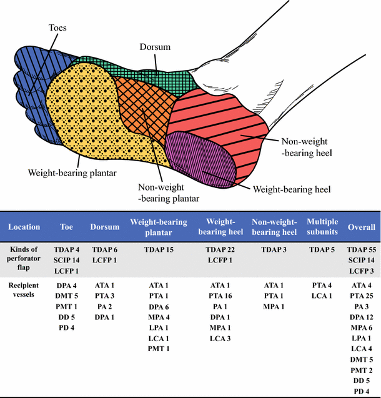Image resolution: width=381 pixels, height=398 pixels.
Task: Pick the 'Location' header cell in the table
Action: point(24,227)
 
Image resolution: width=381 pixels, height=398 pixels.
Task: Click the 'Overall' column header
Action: point(361,227)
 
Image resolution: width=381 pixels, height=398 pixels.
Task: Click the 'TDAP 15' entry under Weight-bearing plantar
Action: point(159,249)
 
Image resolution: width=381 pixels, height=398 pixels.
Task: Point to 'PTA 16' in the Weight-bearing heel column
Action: point(220,296)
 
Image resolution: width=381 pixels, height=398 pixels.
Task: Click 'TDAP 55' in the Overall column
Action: point(361,249)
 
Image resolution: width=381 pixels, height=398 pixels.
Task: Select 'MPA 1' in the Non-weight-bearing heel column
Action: point(273,306)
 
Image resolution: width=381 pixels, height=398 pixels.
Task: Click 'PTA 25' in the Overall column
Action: point(361,296)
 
